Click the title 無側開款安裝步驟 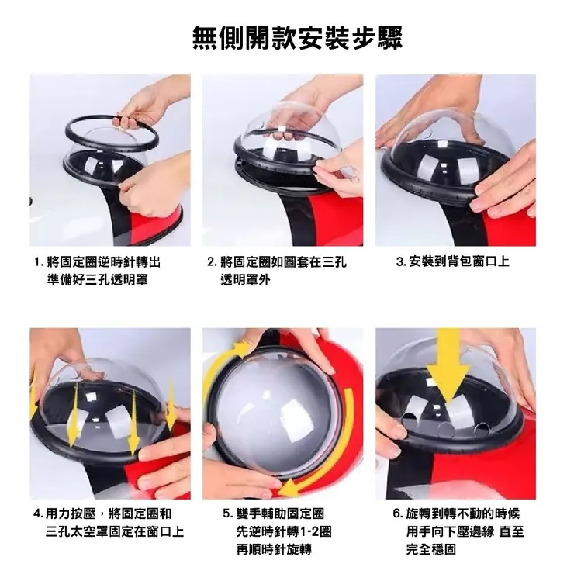pyautogui.click(x=297, y=38)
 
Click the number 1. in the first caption pyautogui.click(x=39, y=262)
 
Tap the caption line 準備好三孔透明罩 pyautogui.click(x=98, y=280)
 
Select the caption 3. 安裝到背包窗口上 pyautogui.click(x=452, y=261)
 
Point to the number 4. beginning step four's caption pyautogui.click(x=39, y=514)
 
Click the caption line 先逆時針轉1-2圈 pyautogui.click(x=284, y=531)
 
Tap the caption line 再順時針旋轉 pyautogui.click(x=274, y=549)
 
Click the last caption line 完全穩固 pyautogui.click(x=430, y=549)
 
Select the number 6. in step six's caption pyautogui.click(x=398, y=513)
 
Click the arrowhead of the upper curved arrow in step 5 pyautogui.click(x=242, y=351)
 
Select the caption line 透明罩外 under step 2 pyautogui.click(x=245, y=280)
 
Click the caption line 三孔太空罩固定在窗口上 pyautogui.click(x=115, y=531)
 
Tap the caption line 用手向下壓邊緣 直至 pyautogui.click(x=465, y=531)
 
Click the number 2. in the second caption pyautogui.click(x=213, y=262)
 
